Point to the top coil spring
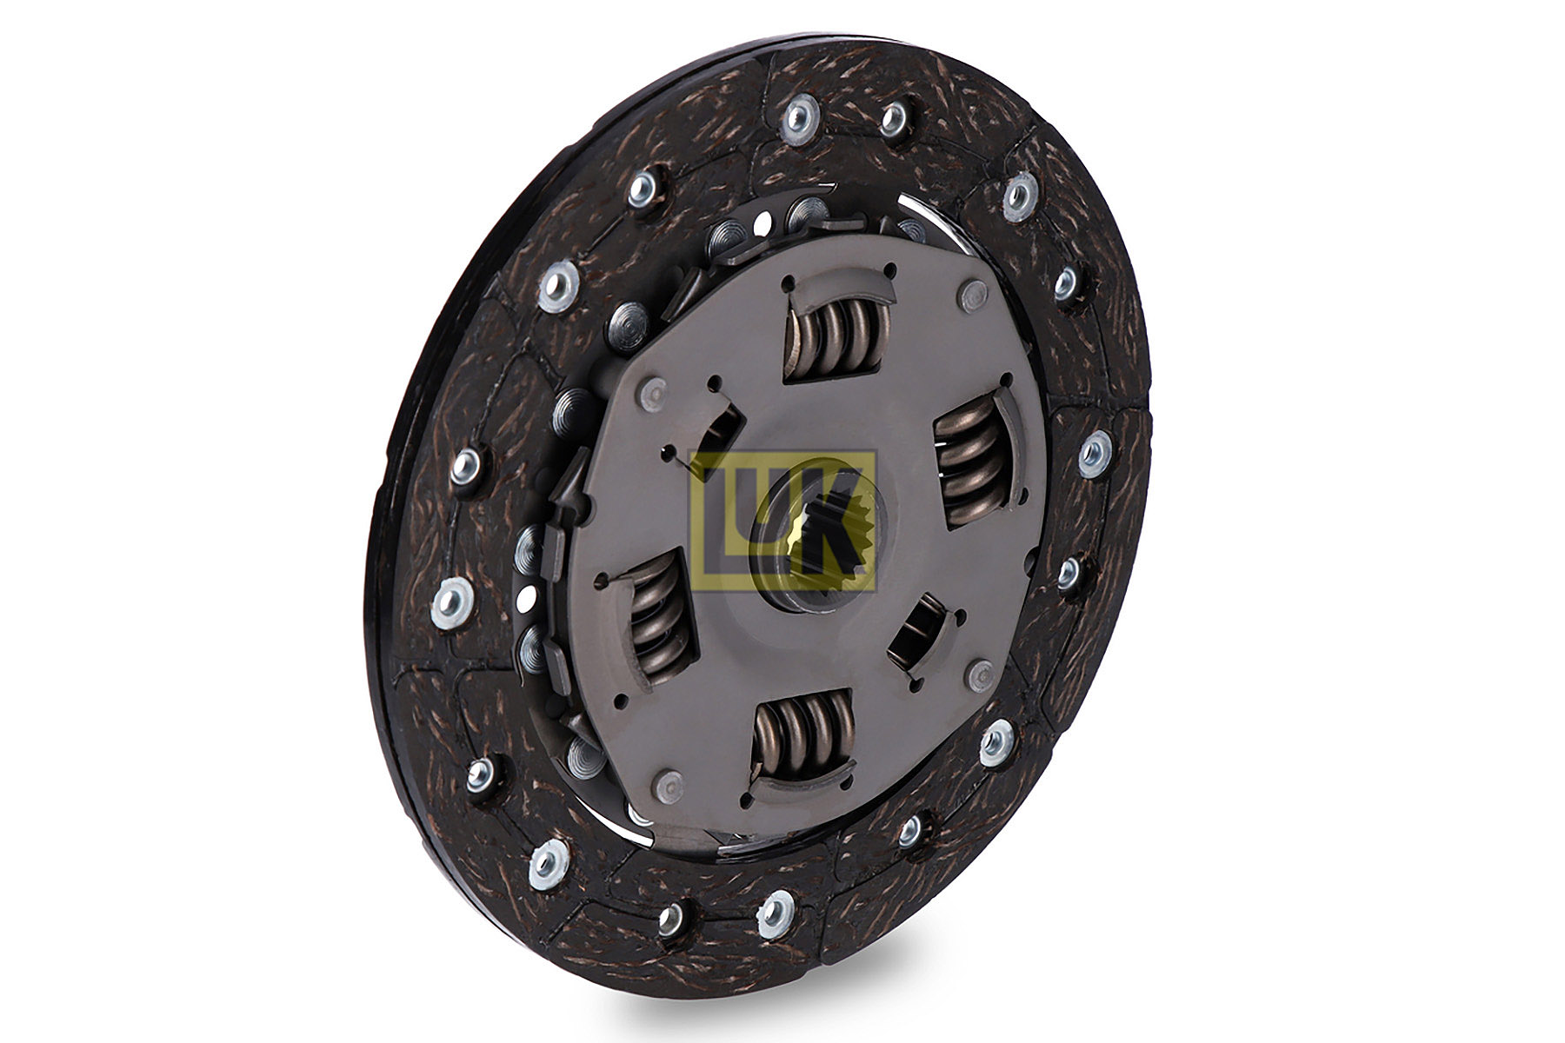click(836, 335)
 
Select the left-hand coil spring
click(659, 617)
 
